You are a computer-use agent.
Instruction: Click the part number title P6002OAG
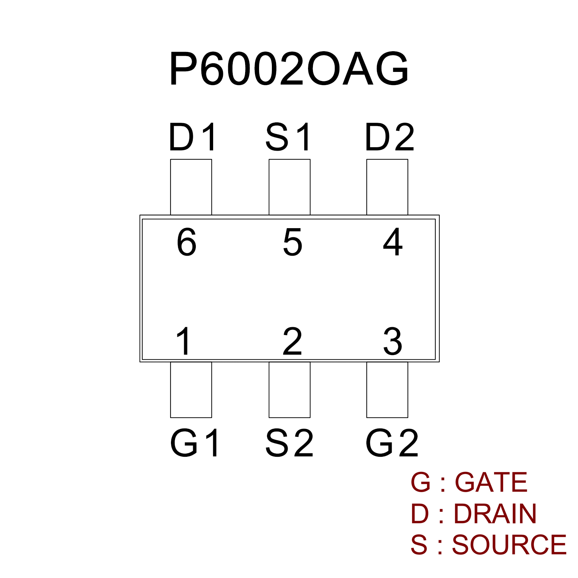coord(289,69)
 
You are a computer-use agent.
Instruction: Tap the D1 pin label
coord(193,137)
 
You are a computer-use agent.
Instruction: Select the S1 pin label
coord(289,137)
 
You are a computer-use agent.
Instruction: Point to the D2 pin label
coord(390,137)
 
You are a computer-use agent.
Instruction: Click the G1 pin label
coord(195,443)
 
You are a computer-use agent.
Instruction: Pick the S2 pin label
coord(289,443)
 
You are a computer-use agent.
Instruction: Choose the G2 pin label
coord(392,443)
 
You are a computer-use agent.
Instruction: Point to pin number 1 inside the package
coord(184,341)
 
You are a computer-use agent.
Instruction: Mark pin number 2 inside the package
coord(292,341)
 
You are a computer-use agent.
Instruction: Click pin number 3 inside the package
coord(393,342)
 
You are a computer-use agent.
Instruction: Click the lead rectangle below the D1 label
coord(191,187)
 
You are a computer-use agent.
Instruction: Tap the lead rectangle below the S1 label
coord(290,187)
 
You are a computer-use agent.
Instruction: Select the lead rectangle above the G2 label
coord(387,390)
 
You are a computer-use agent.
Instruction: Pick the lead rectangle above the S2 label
coord(290,390)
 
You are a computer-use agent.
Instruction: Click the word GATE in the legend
coord(491,482)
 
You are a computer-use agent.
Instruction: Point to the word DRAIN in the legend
coord(495,514)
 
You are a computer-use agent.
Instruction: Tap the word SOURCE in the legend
coord(509,545)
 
